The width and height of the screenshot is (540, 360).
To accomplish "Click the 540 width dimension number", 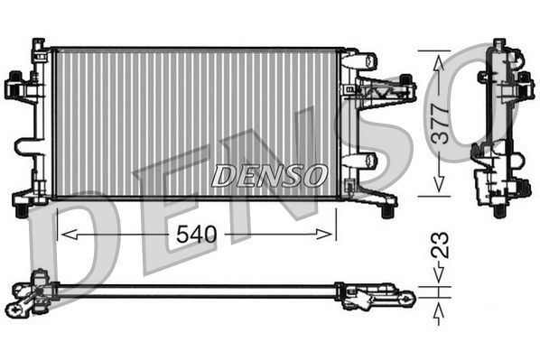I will (197, 235).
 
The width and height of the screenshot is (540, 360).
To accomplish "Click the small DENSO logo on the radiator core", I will (269, 175).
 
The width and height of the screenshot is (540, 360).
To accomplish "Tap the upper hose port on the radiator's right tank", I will (359, 61).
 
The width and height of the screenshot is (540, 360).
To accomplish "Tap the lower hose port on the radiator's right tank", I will (359, 161).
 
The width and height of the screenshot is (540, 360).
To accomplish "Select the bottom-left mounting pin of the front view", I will (20, 210).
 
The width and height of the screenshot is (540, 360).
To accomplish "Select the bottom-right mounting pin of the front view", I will (387, 210).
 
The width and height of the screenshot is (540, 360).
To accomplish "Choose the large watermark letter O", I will (501, 99).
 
